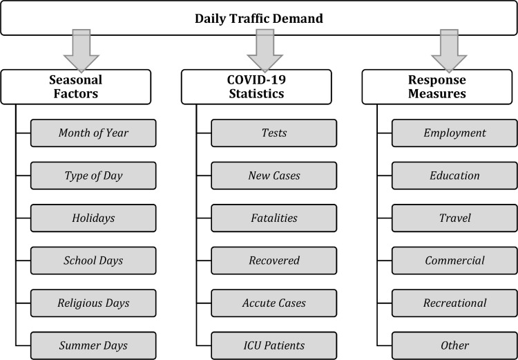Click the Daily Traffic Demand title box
258,18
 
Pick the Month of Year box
93,133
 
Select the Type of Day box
93,176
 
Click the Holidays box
93,218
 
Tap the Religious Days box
93,303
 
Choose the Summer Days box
93,345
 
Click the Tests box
274,133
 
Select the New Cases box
274,176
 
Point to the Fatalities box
274,218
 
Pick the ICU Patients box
274,345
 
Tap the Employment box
454,133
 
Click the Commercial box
454,260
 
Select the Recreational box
454,303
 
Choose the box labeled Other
454,345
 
